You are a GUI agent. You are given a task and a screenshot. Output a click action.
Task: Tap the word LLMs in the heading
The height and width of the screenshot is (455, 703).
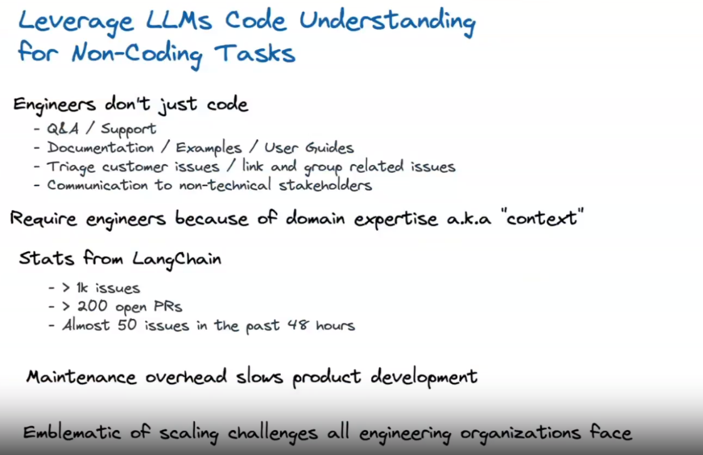point(179,20)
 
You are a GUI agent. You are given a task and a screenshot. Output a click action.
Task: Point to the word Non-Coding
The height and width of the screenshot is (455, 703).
point(137,55)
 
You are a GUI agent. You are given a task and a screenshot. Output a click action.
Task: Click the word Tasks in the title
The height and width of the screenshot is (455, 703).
point(255,53)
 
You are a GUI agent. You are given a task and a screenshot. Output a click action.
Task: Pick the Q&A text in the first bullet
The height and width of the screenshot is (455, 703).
point(63,128)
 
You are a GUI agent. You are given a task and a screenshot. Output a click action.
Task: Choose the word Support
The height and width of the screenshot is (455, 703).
point(129,129)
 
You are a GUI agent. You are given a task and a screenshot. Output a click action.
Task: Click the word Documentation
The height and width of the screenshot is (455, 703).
point(100,147)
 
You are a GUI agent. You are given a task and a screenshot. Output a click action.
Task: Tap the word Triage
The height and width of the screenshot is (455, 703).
point(71,167)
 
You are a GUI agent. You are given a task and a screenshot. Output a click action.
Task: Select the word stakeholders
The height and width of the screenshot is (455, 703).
point(325,185)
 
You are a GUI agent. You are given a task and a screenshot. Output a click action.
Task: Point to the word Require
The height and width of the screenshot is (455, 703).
point(43,218)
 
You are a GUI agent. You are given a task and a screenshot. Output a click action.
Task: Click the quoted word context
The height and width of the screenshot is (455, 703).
point(544,217)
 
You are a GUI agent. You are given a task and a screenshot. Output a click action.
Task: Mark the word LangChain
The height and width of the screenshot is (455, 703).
point(177,259)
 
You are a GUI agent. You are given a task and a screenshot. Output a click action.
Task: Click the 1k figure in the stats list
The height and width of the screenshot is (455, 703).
point(82,288)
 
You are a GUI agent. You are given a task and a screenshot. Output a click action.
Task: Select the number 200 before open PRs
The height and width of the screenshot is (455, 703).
point(92,306)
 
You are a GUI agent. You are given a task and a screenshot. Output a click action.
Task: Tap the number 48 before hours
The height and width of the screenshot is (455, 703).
point(298,325)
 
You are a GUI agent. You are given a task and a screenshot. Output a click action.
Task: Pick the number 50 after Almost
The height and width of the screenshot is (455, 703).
point(127,325)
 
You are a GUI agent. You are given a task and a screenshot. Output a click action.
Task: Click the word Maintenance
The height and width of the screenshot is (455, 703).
point(81,377)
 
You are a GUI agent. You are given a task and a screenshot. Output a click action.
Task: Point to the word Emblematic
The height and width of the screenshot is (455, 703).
point(71,432)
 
